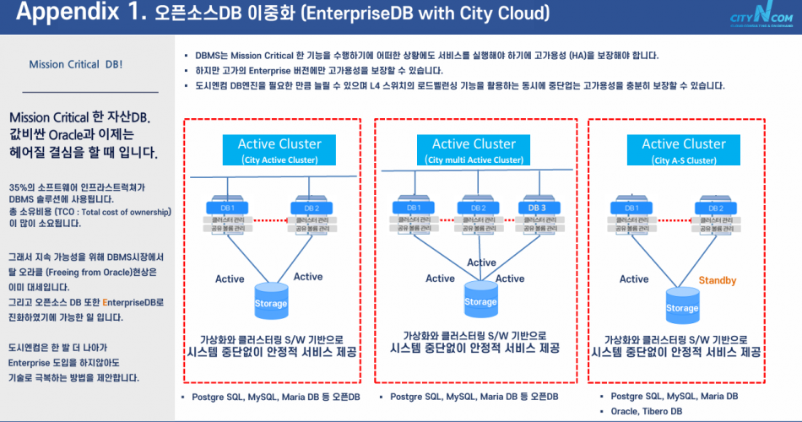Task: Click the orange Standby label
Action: [718, 280]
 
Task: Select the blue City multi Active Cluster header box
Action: [474, 149]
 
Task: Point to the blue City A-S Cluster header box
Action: [683, 149]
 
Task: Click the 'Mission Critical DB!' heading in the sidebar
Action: [75, 64]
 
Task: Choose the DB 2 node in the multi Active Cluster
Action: [479, 207]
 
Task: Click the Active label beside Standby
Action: [634, 279]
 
